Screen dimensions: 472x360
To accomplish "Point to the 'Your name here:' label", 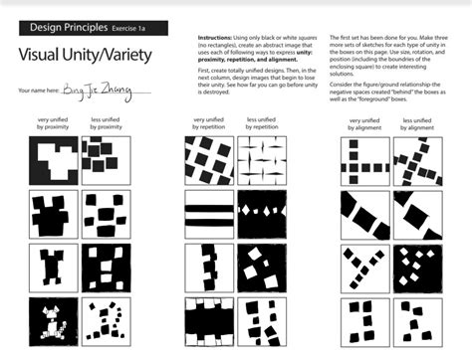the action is coord(39,90).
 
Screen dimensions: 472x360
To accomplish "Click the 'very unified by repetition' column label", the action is coord(206,123).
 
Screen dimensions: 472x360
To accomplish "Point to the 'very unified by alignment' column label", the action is coord(364,123).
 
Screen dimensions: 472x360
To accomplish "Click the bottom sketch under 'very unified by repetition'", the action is coord(207,317).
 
